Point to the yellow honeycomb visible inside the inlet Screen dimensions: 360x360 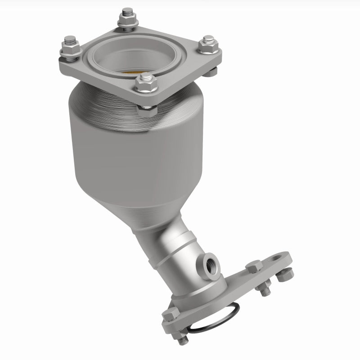point(135,71)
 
